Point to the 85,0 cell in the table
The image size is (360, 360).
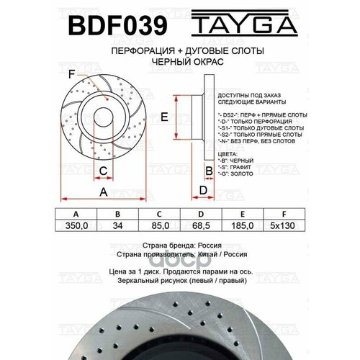161,225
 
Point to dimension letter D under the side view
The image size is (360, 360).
203,189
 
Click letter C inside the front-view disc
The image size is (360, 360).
104,170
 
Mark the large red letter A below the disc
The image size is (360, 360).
103,192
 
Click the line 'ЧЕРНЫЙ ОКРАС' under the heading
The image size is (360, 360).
180,63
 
